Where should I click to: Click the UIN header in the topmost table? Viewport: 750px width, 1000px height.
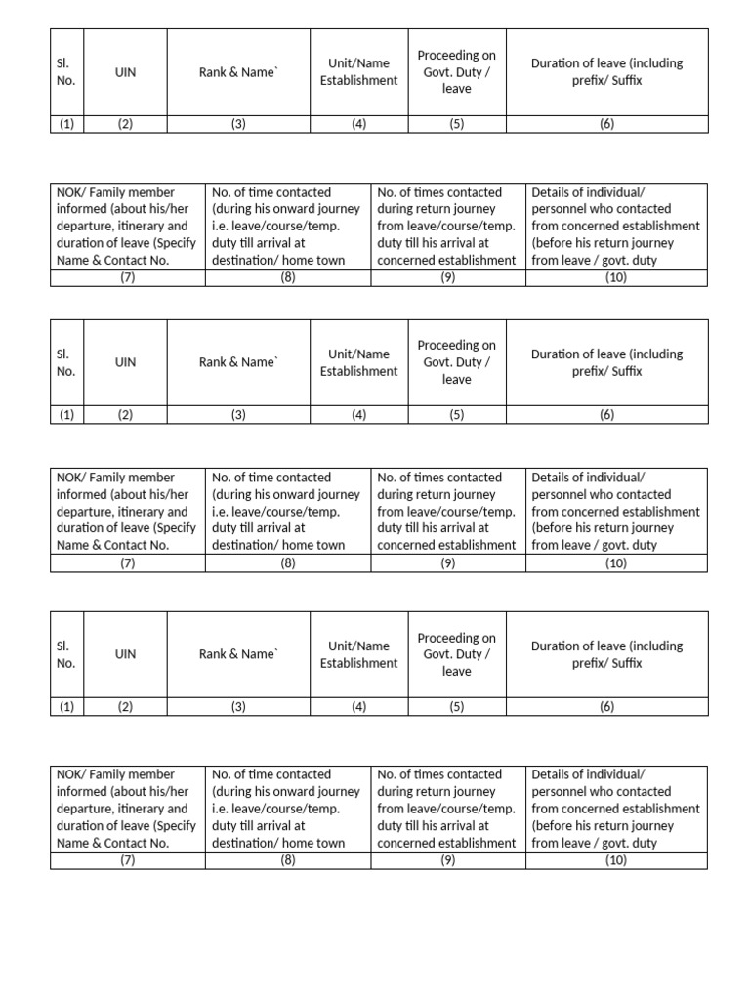pyautogui.click(x=125, y=71)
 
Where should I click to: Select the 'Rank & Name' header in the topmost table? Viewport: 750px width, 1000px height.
pyautogui.click(x=238, y=71)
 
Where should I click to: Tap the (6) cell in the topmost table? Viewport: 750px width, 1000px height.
pyautogui.click(x=606, y=124)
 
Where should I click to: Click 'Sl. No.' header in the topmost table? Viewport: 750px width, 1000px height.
pyautogui.click(x=66, y=71)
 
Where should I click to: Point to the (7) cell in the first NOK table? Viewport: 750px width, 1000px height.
pyautogui.click(x=127, y=277)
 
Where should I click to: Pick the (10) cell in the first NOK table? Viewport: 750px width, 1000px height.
pyautogui.click(x=616, y=277)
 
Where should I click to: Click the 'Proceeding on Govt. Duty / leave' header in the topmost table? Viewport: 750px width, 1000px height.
pyautogui.click(x=456, y=71)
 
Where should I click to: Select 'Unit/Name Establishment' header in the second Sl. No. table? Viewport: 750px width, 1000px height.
pyautogui.click(x=358, y=362)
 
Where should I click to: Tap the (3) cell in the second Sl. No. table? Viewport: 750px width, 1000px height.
pyautogui.click(x=238, y=415)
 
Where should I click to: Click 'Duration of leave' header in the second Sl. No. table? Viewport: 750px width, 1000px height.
pyautogui.click(x=606, y=362)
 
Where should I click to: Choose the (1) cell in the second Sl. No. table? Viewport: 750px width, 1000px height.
pyautogui.click(x=66, y=415)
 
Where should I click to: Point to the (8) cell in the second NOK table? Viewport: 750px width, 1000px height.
pyautogui.click(x=288, y=563)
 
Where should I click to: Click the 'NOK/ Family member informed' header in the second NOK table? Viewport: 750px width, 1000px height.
pyautogui.click(x=127, y=511)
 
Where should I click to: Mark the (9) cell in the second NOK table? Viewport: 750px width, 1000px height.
pyautogui.click(x=448, y=563)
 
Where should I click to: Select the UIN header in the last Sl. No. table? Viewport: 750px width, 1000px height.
pyautogui.click(x=125, y=654)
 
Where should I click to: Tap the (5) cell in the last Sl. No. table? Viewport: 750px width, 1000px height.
pyautogui.click(x=456, y=707)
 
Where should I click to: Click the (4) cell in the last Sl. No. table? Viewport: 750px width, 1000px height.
pyautogui.click(x=358, y=707)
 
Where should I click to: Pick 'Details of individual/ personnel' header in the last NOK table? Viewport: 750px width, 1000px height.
pyautogui.click(x=616, y=808)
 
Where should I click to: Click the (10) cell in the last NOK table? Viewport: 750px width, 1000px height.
pyautogui.click(x=616, y=860)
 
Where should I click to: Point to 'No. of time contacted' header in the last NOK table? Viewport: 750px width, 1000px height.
pyautogui.click(x=288, y=808)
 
